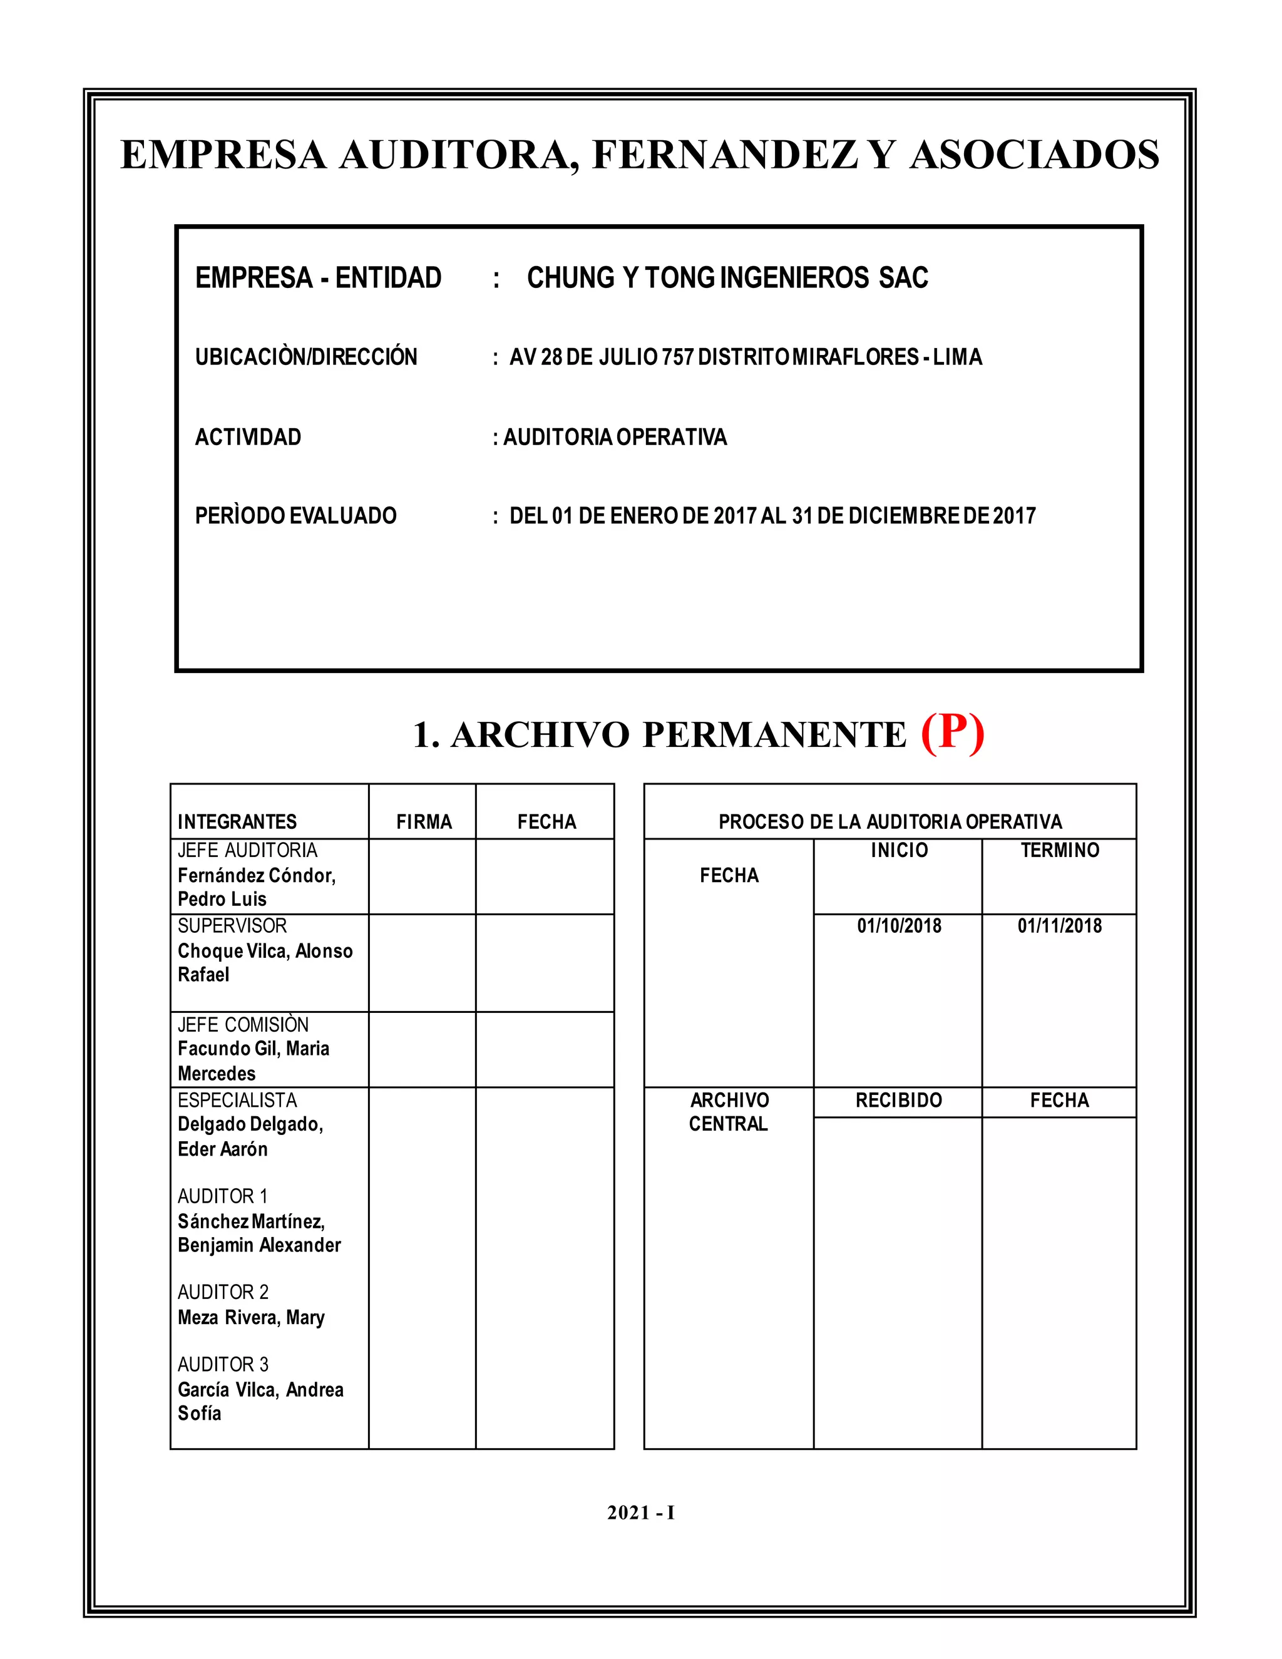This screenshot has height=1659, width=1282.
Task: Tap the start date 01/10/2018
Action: click(x=900, y=925)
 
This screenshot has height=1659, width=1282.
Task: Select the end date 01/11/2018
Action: click(x=1060, y=925)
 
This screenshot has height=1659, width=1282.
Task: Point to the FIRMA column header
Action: click(x=424, y=821)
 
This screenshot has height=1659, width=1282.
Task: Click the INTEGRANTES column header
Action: click(x=237, y=821)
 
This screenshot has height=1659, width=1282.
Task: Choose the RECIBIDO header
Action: click(x=898, y=1100)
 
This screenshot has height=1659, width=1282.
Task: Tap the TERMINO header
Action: click(x=1060, y=850)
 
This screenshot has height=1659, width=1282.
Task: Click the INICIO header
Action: click(x=900, y=850)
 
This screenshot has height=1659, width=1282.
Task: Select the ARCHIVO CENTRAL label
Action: click(x=729, y=1111)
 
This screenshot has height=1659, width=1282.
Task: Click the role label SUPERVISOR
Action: click(x=232, y=925)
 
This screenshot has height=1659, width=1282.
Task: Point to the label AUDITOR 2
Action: click(x=223, y=1292)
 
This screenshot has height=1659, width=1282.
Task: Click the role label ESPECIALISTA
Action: click(x=237, y=1100)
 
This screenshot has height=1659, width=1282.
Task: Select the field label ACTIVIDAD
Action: click(x=249, y=437)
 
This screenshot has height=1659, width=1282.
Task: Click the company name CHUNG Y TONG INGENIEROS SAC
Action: click(x=727, y=277)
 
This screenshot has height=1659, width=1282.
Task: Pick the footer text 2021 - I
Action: click(x=641, y=1513)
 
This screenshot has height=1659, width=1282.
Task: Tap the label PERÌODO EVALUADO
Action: click(x=295, y=516)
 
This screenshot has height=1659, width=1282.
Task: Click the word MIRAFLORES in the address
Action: click(x=855, y=356)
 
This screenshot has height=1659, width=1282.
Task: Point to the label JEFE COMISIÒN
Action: click(x=243, y=1024)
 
